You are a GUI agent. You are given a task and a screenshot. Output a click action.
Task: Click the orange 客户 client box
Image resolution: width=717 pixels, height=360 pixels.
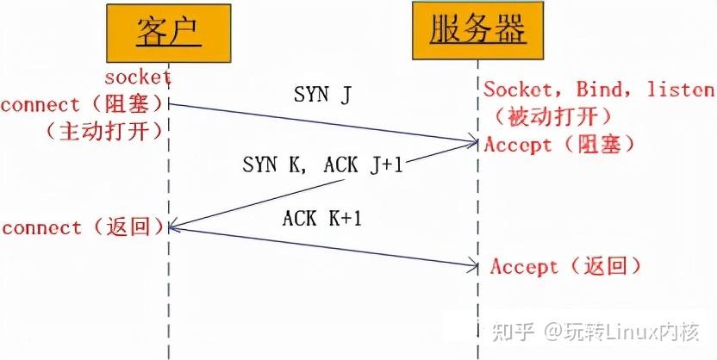(169, 34)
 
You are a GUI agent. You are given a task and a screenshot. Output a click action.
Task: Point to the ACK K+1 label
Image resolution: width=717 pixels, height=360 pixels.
(322, 219)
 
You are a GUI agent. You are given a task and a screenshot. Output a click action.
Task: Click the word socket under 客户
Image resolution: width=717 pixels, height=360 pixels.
(138, 78)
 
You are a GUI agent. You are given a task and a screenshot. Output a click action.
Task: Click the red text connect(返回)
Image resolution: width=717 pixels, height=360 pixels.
(83, 227)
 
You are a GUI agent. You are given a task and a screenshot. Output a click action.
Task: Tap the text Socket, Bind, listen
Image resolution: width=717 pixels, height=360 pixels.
(598, 90)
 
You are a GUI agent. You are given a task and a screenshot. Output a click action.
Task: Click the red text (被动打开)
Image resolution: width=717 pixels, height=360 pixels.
(552, 115)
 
